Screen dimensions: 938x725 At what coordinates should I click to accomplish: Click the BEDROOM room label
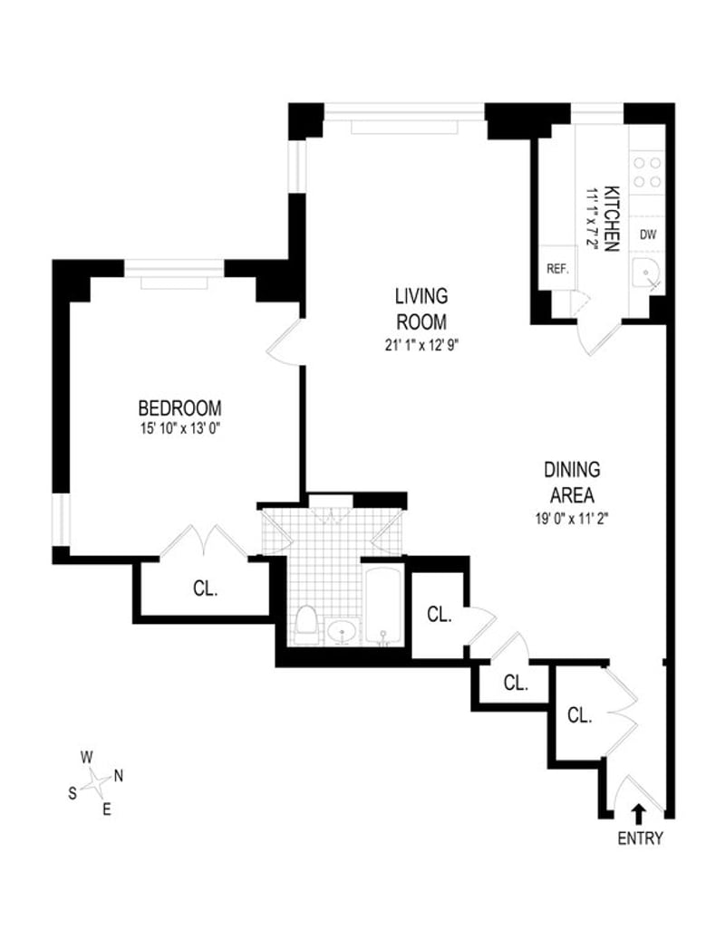179,407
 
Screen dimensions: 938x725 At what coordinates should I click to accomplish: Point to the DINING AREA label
572,482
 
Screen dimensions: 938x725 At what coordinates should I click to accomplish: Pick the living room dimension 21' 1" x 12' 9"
421,344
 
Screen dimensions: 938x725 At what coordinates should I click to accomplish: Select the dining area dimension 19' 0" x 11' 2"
572,520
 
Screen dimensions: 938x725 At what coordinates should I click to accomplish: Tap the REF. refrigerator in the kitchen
556,269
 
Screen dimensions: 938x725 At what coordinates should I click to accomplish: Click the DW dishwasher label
647,234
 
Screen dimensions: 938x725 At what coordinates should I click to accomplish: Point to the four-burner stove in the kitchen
647,171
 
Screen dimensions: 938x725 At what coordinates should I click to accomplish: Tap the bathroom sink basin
343,630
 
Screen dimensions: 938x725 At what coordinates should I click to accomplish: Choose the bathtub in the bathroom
383,605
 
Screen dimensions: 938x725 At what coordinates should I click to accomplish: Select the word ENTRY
640,838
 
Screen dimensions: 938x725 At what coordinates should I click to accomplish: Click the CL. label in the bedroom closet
206,589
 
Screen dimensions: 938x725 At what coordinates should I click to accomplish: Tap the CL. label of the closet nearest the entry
579,714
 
